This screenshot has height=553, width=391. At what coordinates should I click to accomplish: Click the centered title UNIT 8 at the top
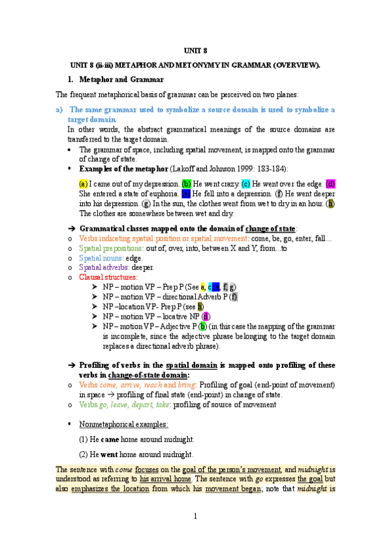(195, 50)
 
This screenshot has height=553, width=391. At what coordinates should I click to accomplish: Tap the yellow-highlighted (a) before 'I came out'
(84, 184)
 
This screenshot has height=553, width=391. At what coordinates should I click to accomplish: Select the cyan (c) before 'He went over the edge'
(245, 184)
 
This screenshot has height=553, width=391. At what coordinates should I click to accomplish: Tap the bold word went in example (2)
(110, 454)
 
